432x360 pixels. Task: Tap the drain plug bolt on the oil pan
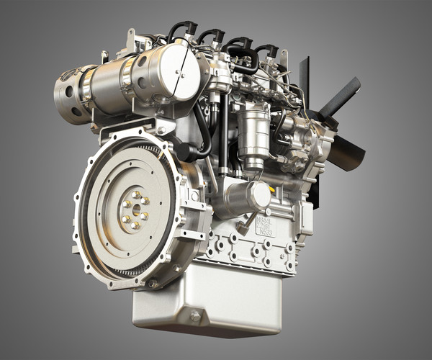[195, 315]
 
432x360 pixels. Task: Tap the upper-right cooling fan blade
[338, 98]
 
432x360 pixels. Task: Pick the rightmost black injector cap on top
[267, 52]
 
